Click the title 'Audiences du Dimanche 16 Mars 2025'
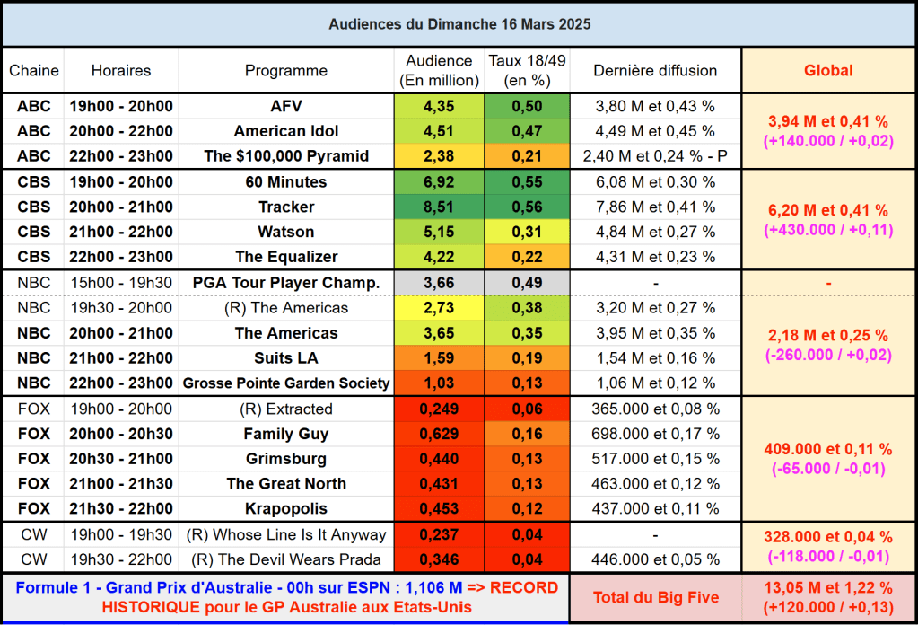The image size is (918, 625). [x=459, y=24]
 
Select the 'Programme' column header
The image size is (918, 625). [x=286, y=71]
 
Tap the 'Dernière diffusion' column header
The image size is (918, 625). [x=655, y=71]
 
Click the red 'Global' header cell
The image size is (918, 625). [x=827, y=71]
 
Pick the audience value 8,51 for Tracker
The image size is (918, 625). [x=439, y=207]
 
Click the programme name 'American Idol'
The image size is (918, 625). [x=286, y=131]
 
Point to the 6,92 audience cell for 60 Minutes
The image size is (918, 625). [x=439, y=182]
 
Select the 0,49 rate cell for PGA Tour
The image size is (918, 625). [x=527, y=283]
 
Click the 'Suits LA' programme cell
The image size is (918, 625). [x=286, y=358]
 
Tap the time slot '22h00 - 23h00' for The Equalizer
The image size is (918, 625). [x=121, y=257]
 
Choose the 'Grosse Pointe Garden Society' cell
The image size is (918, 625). [x=286, y=383]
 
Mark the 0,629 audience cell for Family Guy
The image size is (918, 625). [x=439, y=435]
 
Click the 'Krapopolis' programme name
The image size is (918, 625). [x=286, y=509]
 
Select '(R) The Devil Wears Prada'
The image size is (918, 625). [x=286, y=560]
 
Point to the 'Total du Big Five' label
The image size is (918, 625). [x=655, y=598]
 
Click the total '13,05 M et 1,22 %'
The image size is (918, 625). [x=827, y=589]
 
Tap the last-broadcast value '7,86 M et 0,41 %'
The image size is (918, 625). [x=655, y=207]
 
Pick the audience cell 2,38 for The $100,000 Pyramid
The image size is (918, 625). [x=439, y=156]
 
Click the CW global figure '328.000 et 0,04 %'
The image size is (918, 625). [x=827, y=537]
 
